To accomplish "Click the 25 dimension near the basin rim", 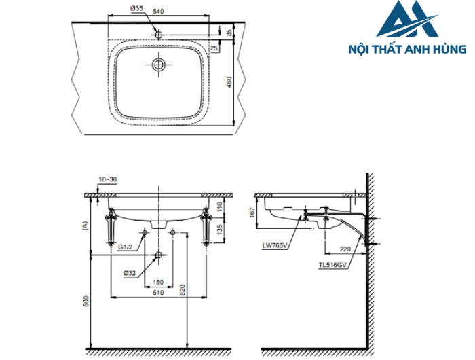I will [x=214, y=48].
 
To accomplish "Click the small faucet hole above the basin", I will [x=159, y=33].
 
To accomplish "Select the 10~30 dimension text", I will [x=107, y=179].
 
